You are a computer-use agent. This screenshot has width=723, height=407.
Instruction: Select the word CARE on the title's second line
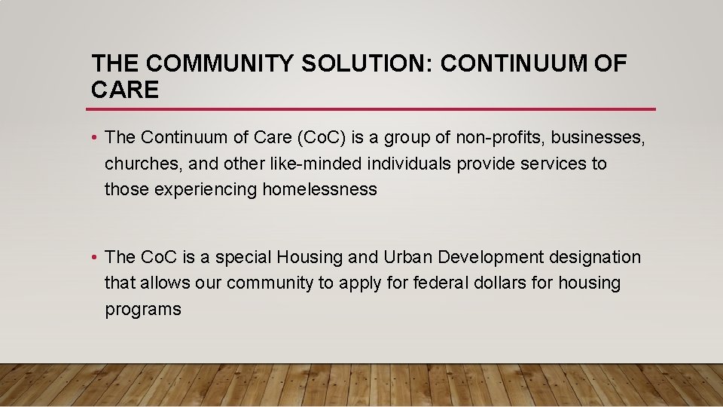tap(125, 90)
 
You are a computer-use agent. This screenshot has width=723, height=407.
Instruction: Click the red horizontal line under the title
tap(373, 109)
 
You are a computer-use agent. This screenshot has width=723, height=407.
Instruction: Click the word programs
tap(143, 309)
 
